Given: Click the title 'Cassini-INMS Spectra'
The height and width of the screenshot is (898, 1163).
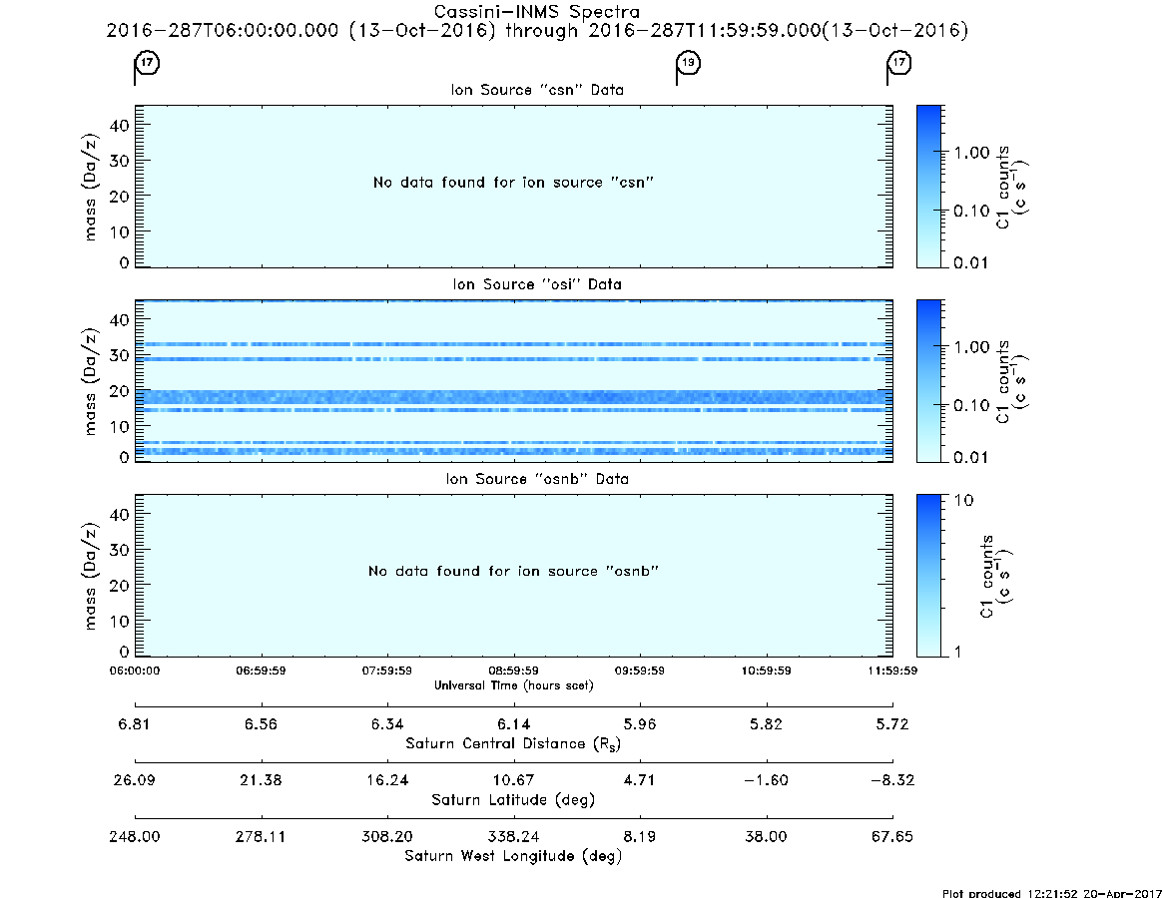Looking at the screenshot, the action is (x=536, y=12).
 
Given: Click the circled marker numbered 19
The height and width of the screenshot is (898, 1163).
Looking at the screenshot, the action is (x=689, y=62).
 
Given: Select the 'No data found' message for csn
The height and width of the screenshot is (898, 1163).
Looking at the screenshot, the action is (x=513, y=183).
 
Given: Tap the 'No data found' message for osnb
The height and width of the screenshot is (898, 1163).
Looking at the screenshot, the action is (x=513, y=571).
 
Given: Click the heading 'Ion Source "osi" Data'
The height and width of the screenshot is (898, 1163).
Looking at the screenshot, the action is (x=537, y=284).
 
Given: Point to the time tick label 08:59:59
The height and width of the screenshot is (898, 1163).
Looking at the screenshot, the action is (x=513, y=671).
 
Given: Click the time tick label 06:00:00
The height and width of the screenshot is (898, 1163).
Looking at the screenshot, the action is (x=134, y=671).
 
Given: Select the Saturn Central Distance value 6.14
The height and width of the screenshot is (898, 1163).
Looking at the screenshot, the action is (x=513, y=724).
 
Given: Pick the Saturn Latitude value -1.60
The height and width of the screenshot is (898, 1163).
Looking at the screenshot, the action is (x=766, y=780).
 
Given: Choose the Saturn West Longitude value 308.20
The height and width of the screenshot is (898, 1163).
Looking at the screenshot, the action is (x=387, y=836).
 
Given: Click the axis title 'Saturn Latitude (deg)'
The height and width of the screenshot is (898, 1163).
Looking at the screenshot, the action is (x=513, y=800).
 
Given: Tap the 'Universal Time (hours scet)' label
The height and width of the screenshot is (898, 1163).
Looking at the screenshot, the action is (x=513, y=685).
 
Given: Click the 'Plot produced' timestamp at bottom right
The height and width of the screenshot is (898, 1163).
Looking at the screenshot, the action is (x=1052, y=893).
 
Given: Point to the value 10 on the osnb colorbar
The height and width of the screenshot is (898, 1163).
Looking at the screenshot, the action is (x=963, y=501).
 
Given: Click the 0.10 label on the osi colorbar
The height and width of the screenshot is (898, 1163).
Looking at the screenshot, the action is (x=971, y=406).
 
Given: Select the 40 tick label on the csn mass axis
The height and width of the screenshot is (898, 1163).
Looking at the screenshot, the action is (x=120, y=126).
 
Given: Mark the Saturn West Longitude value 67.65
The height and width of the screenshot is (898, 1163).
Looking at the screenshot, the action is (x=892, y=836).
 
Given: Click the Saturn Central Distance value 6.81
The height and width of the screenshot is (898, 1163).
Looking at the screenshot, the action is (x=134, y=724).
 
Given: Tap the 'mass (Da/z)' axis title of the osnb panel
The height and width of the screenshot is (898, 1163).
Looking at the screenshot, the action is (x=90, y=576).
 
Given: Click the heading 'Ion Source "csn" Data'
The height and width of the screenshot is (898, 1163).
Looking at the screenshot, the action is (x=537, y=90).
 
